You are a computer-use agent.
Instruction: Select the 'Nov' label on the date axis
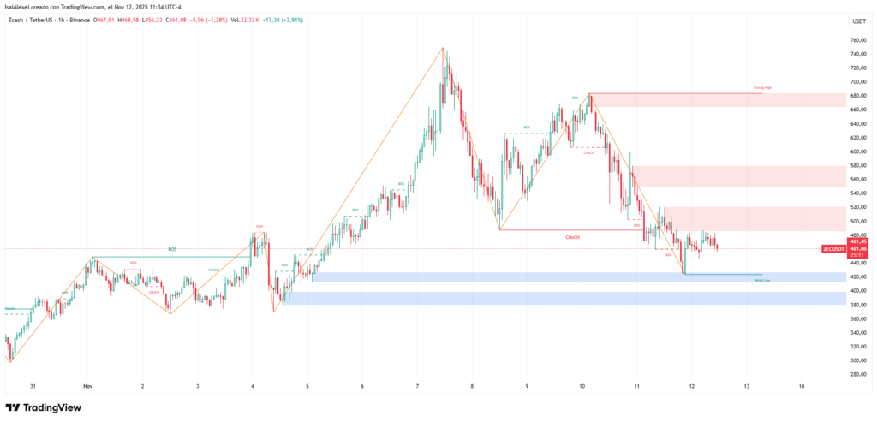click(x=87, y=386)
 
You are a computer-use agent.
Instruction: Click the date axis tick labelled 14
click(x=801, y=386)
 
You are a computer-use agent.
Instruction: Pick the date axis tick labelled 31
click(x=33, y=386)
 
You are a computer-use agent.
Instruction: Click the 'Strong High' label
click(x=762, y=88)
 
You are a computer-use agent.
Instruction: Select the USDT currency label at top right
click(x=857, y=21)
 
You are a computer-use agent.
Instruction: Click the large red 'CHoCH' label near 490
click(x=573, y=236)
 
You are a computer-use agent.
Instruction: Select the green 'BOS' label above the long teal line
click(x=172, y=249)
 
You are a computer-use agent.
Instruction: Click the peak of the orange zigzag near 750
click(x=444, y=48)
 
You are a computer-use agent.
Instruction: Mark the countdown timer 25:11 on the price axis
click(x=857, y=255)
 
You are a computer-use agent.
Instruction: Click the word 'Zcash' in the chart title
click(x=16, y=19)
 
